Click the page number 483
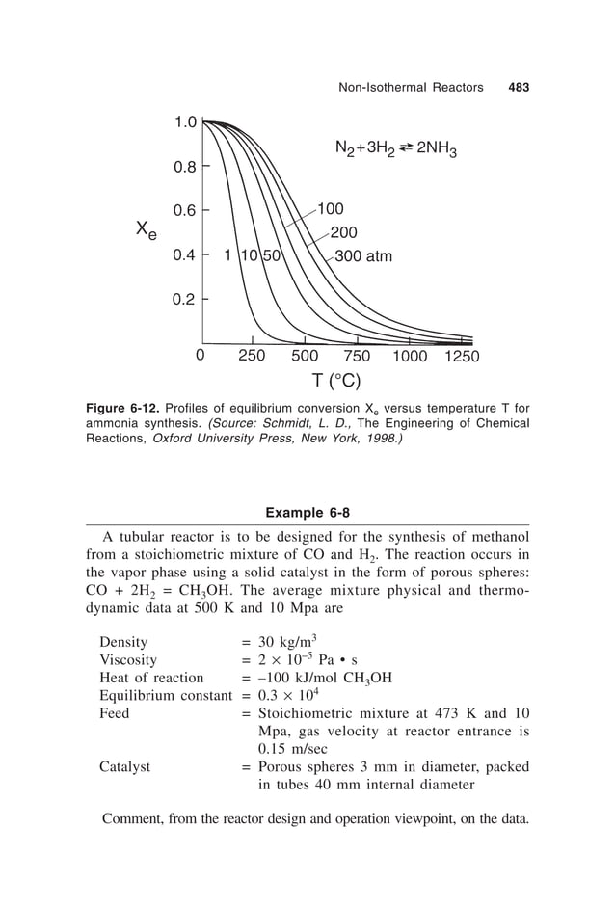519,88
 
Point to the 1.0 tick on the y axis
185,122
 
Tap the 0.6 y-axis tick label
185,210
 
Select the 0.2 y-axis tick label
185,299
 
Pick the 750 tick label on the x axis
357,355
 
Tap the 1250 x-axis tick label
462,355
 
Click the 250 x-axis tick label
252,355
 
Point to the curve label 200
343,232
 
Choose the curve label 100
331,208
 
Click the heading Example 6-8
307,511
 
